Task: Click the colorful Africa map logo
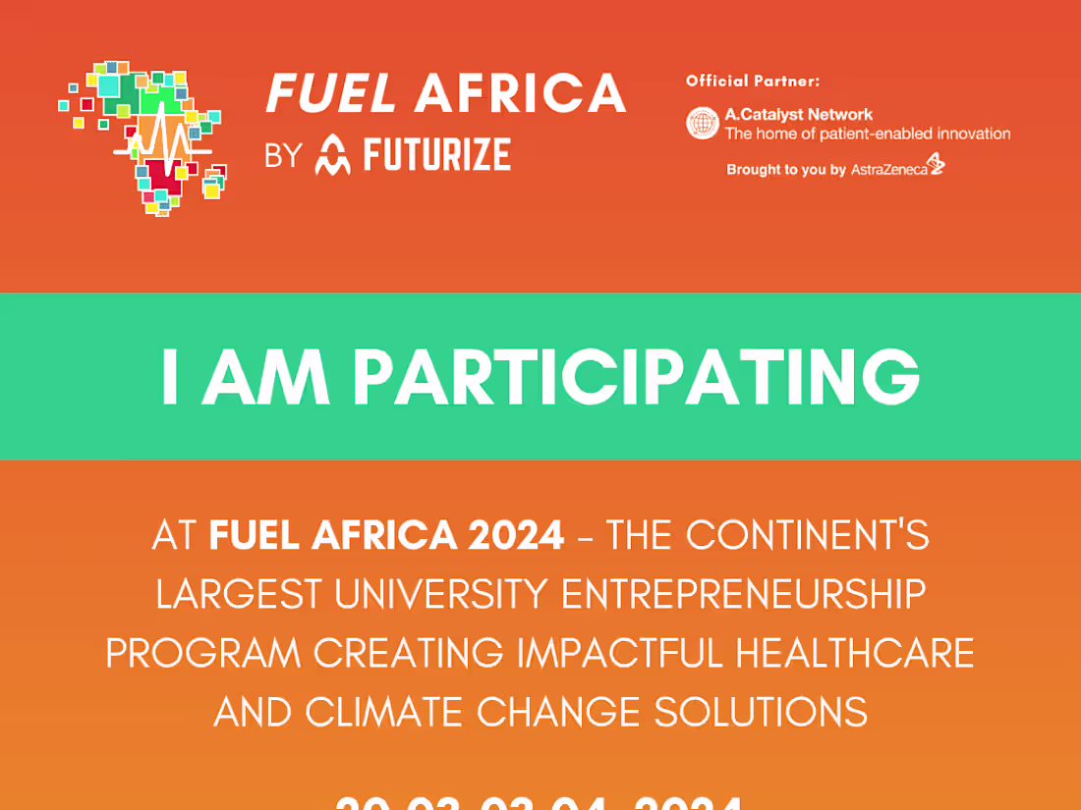click(x=142, y=137)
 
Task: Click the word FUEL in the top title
click(x=331, y=94)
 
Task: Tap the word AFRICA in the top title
click(x=520, y=94)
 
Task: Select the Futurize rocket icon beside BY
click(x=332, y=156)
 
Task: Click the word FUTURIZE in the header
click(x=436, y=155)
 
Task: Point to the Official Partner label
click(x=752, y=81)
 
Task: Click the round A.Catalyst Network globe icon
click(x=703, y=124)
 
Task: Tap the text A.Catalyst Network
click(x=798, y=115)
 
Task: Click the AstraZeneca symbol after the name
click(x=936, y=164)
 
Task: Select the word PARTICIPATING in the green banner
click(x=637, y=378)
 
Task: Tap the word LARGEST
click(x=239, y=594)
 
